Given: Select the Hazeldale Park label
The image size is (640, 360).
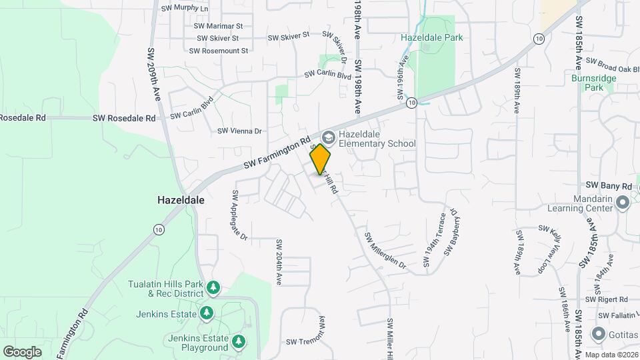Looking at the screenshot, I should (x=431, y=38).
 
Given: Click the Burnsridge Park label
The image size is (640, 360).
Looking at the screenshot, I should (x=594, y=83).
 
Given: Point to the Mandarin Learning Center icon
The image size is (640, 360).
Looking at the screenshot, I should (x=623, y=201).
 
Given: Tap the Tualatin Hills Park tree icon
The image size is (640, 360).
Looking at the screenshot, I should (x=213, y=288).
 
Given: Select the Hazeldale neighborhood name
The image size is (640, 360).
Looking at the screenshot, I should (x=181, y=199).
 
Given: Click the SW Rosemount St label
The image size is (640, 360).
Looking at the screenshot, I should (x=219, y=51).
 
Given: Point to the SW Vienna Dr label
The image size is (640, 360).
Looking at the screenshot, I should (x=239, y=131).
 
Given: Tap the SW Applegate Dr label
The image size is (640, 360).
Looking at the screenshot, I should (x=239, y=215).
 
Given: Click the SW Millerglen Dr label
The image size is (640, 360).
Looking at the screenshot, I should (x=385, y=250).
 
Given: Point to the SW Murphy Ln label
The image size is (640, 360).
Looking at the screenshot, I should (x=185, y=9).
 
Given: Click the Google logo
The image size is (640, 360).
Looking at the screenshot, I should (x=22, y=351).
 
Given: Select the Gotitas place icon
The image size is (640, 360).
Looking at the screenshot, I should (x=597, y=334).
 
